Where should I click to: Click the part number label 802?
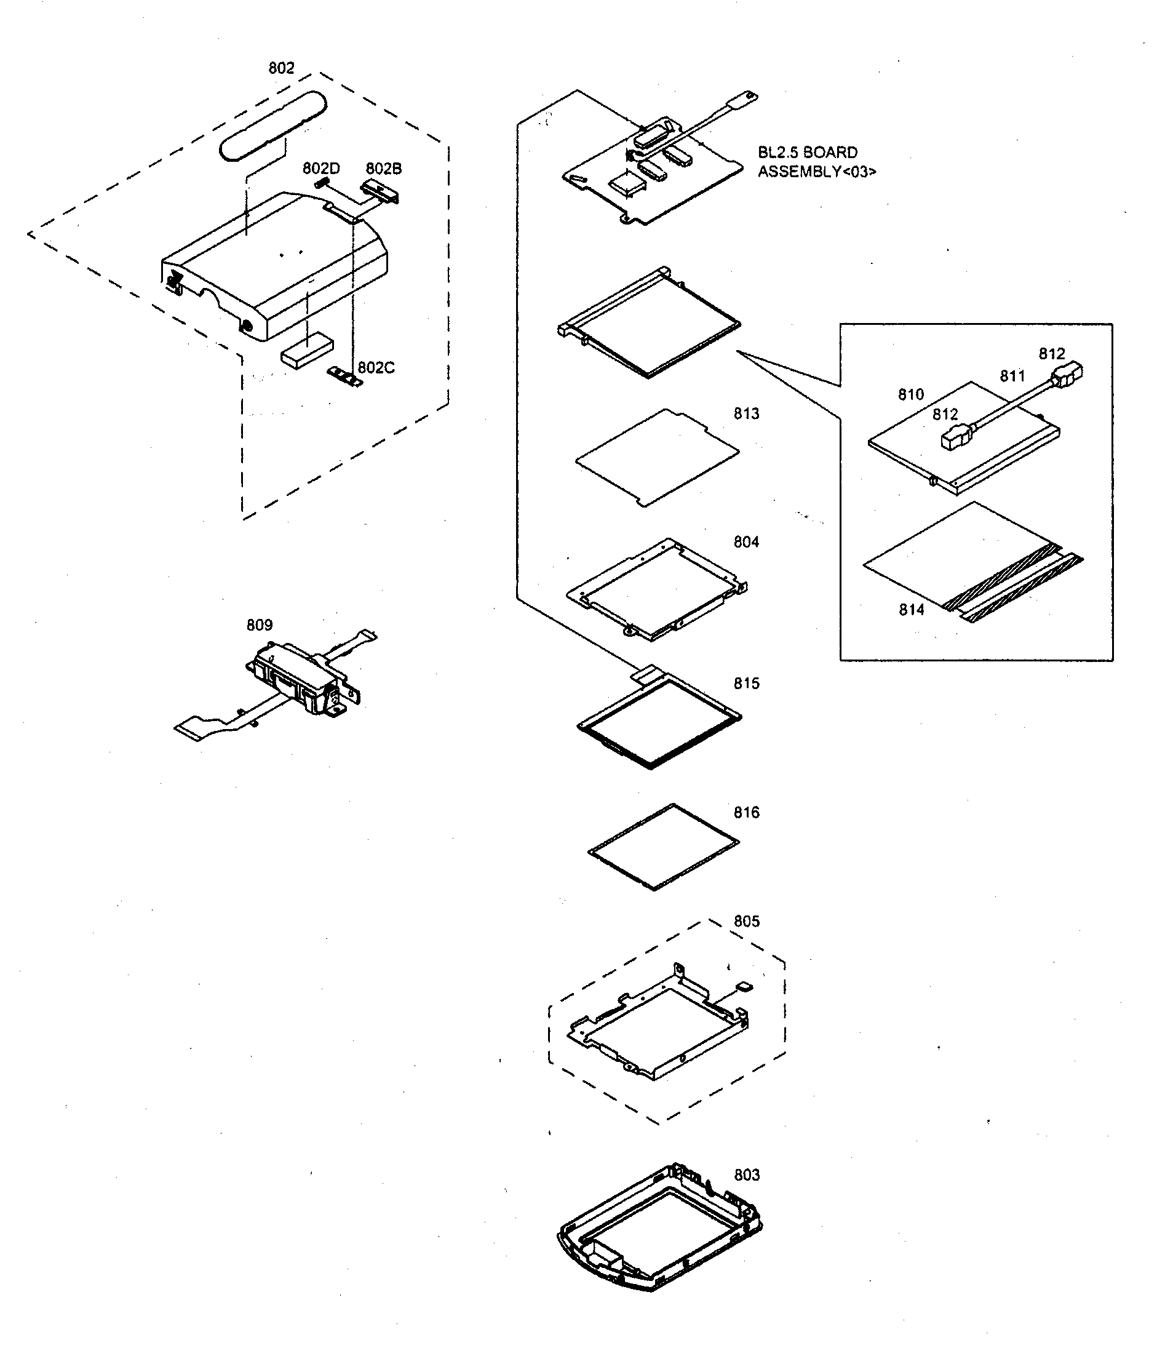click(281, 68)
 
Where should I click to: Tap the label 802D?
click(320, 169)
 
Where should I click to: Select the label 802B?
click(383, 169)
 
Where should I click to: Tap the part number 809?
click(259, 625)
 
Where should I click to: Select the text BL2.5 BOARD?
click(807, 153)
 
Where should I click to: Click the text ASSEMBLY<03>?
click(816, 172)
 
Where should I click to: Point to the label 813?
click(746, 414)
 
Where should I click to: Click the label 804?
click(746, 542)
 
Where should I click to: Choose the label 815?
click(746, 684)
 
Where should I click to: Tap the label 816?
click(746, 813)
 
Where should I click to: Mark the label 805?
click(746, 921)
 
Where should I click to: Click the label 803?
click(747, 1175)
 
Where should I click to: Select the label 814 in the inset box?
click(912, 610)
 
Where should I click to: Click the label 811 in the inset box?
click(1012, 376)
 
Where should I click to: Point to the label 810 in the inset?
click(911, 395)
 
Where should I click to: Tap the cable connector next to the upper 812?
click(1066, 377)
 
